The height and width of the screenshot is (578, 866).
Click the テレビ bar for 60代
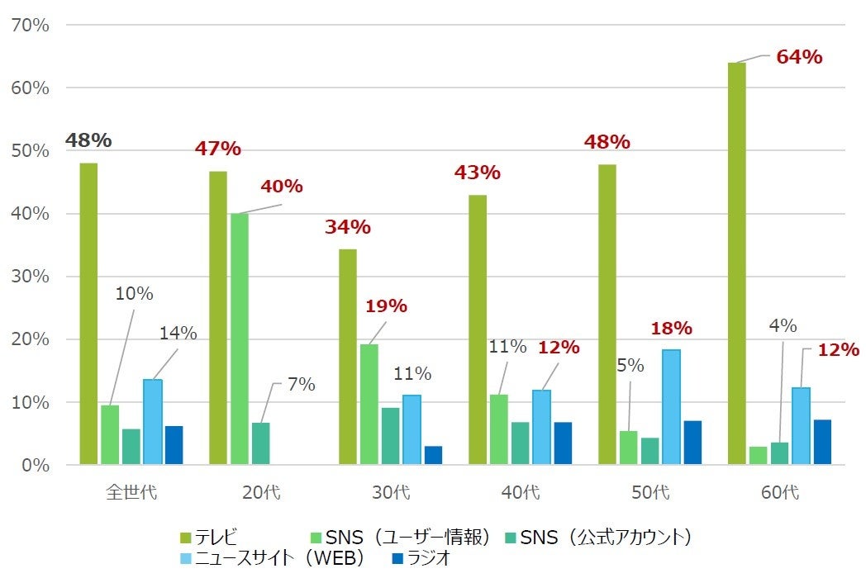736,264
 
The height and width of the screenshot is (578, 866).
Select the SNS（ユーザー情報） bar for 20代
240,339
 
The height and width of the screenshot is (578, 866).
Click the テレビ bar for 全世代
88,314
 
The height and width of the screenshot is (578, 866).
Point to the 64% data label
799,58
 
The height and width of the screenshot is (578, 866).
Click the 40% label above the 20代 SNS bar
282,187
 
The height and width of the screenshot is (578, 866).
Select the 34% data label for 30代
347,227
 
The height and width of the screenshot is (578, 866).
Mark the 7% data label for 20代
301,385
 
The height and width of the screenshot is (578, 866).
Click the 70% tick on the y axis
30,25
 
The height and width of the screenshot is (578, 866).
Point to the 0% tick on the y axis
34,465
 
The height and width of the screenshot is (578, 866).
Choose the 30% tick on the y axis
30,277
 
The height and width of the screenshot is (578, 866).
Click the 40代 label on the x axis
520,493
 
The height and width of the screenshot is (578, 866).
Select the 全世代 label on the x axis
131,493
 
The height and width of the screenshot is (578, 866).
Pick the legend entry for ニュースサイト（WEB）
273,559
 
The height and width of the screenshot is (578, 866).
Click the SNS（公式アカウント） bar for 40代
521,444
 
